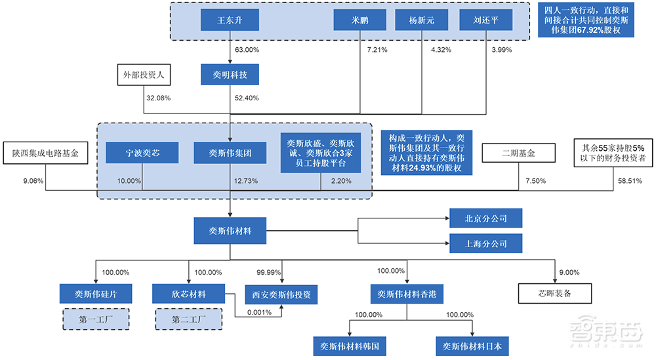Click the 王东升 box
tap(230, 20)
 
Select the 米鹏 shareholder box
tap(359, 20)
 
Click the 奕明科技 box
tap(230, 75)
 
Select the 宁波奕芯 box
tap(142, 153)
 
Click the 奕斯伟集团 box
tap(230, 153)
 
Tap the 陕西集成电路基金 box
tap(45, 153)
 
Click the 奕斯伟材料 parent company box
tap(230, 231)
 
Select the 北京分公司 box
tap(486, 218)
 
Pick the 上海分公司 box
tap(486, 243)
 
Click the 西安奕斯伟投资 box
tap(281, 294)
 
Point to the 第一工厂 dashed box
tap(96, 319)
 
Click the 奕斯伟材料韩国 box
tap(346, 346)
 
